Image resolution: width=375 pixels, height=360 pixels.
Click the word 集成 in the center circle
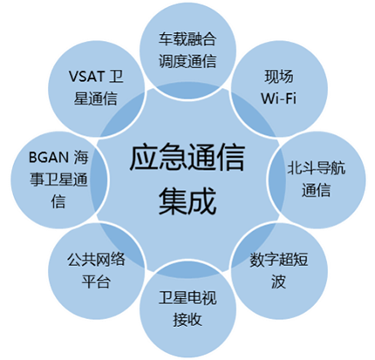pyautogui.click(x=187, y=200)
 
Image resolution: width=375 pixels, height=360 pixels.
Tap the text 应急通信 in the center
pyautogui.click(x=187, y=158)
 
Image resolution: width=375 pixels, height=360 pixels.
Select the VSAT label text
pyautogui.click(x=86, y=77)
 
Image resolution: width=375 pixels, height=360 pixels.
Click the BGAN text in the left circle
pyautogui.click(x=49, y=157)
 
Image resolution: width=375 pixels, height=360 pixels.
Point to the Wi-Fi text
pyautogui.click(x=278, y=98)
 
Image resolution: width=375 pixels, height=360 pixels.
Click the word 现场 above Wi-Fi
pyautogui.click(x=279, y=77)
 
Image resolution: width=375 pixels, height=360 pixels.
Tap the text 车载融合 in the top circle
pyautogui.click(x=187, y=39)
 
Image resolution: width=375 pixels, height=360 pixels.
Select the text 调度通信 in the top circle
pyautogui.click(x=187, y=61)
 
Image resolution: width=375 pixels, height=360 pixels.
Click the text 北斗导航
pyautogui.click(x=317, y=168)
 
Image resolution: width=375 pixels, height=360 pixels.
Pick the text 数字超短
pyautogui.click(x=279, y=260)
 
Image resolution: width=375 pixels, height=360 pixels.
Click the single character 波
pyautogui.click(x=278, y=282)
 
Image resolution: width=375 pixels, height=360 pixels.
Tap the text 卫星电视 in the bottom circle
pyautogui.click(x=187, y=298)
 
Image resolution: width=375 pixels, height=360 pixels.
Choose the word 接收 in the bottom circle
pyautogui.click(x=187, y=320)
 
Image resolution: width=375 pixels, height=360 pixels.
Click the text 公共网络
pyautogui.click(x=96, y=260)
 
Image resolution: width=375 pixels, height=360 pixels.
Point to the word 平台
pyautogui.click(x=96, y=282)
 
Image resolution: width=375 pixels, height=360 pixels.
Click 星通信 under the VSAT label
pyautogui.click(x=95, y=98)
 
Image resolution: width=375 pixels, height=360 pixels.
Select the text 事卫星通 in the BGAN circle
pyautogui.click(x=58, y=179)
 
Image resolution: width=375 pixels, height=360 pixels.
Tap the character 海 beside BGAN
pyautogui.click(x=81, y=157)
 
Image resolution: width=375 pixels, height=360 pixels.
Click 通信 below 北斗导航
pyautogui.click(x=317, y=190)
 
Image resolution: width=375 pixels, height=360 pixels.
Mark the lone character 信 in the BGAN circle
pyautogui.click(x=58, y=200)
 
